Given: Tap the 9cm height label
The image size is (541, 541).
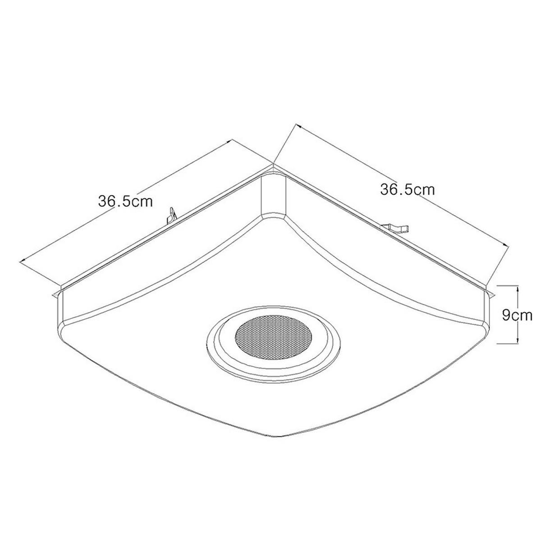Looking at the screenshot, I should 517,315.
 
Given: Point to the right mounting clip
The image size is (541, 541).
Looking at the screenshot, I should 396,227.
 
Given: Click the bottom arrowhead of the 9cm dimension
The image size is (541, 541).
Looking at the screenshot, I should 518,341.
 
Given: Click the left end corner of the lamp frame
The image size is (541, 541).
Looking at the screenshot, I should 56,293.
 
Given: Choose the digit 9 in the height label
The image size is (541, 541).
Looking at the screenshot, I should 507,315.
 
